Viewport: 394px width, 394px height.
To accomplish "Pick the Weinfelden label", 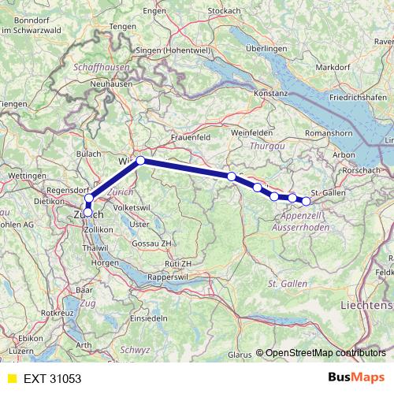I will tap(252, 133).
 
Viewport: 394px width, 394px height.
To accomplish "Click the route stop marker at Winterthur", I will tap(141, 161).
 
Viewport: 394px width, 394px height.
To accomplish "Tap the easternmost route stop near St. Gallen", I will tap(307, 201).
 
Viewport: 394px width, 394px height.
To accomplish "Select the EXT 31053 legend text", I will tap(52, 379).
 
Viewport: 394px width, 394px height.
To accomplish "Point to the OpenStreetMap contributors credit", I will tap(325, 354).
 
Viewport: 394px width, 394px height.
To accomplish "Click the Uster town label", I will tap(139, 224).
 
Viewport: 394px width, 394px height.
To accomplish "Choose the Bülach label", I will tap(89, 154).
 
